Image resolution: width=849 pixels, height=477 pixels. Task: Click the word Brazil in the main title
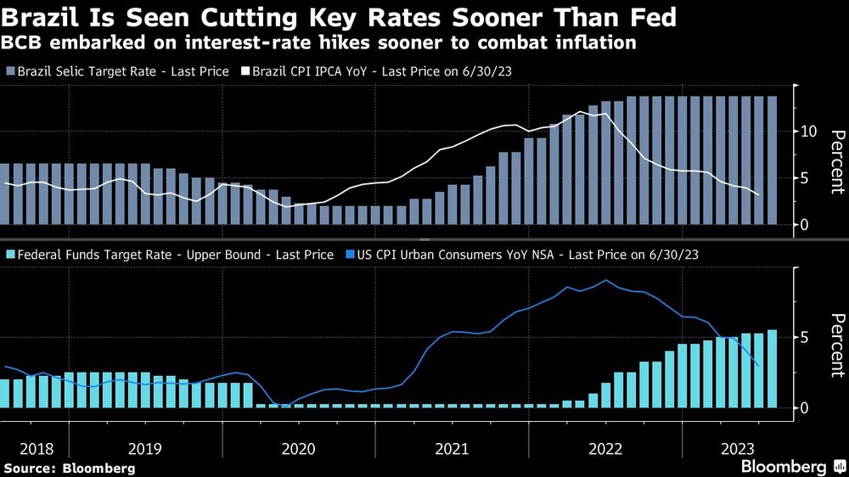pos(42,16)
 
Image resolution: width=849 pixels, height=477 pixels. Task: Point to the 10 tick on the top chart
pos(808,132)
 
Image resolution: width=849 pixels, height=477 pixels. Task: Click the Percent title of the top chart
pos(835,162)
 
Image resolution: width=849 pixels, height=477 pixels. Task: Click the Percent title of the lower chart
pos(835,345)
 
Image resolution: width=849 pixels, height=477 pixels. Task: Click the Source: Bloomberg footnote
pos(69,468)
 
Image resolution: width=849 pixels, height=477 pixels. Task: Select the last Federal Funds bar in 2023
pos(773,368)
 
